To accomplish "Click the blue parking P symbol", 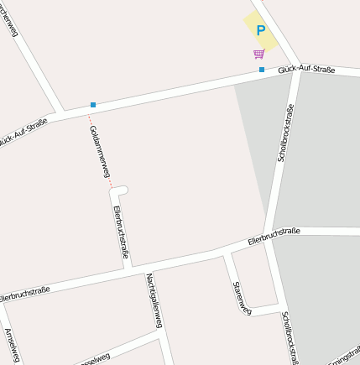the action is (260, 30).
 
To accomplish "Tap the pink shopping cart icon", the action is (258, 55).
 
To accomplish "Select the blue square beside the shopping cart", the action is (262, 69).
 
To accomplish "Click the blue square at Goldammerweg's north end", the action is (92, 105).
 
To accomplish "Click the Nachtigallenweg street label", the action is (156, 301).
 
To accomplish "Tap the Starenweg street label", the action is (241, 297).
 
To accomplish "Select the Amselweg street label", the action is (12, 345).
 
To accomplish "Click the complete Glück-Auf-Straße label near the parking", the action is (306, 69).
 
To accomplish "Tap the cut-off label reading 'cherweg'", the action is (10, 17).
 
